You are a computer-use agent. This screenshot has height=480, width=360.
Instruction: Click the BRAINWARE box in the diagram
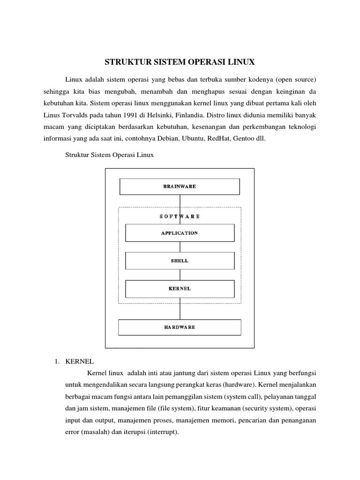(x=180, y=186)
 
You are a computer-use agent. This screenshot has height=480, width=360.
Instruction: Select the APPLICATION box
(x=180, y=232)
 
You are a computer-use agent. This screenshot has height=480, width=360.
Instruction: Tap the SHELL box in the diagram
(x=180, y=261)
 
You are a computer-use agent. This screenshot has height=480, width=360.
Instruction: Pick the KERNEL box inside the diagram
(x=180, y=289)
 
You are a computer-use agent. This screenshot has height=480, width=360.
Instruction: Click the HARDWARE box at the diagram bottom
(x=180, y=327)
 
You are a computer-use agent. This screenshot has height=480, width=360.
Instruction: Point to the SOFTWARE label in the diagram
(x=180, y=216)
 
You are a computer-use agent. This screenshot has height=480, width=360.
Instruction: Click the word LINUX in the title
(x=240, y=61)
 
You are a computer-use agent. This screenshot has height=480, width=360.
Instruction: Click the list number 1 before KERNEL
(x=56, y=361)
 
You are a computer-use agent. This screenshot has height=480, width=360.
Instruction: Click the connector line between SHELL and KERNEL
(x=180, y=275)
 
